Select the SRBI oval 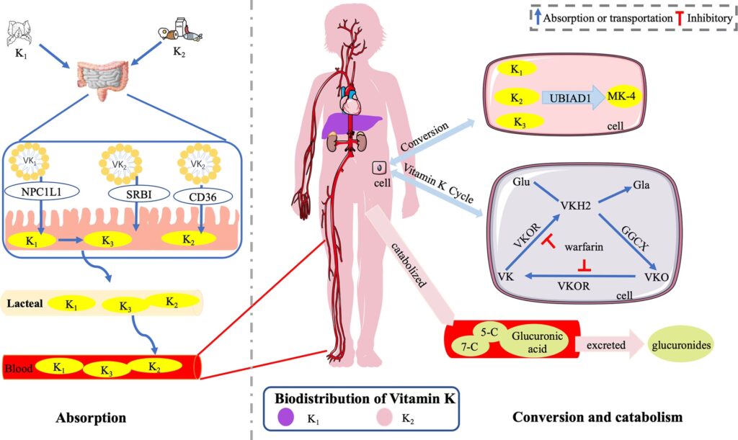coord(134,193)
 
